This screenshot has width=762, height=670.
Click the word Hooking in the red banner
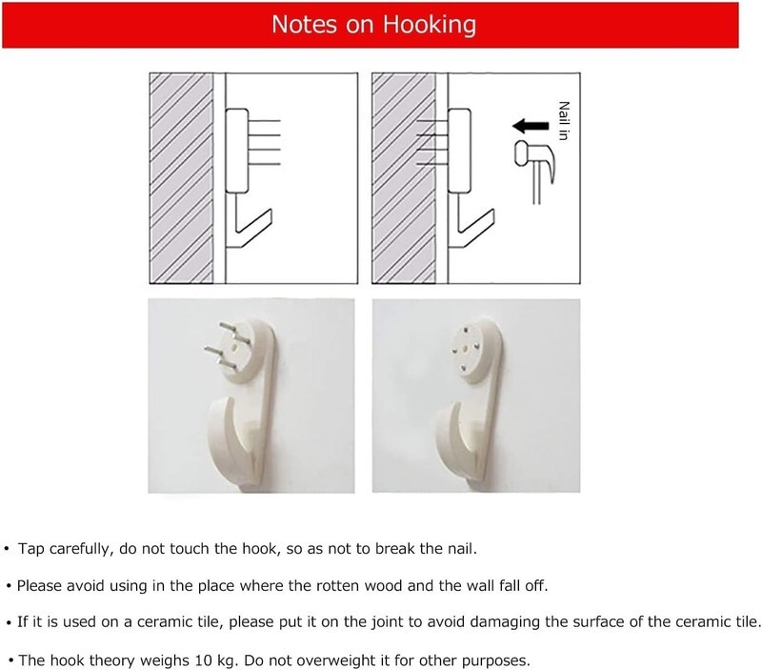tap(430, 25)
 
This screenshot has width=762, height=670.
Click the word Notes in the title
tap(304, 24)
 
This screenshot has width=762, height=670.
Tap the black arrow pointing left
tap(531, 126)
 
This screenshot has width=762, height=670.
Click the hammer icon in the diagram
tap(534, 171)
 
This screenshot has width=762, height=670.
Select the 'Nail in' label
tap(564, 121)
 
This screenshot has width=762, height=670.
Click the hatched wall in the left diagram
tap(181, 178)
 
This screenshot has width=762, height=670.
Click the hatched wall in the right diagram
tap(404, 178)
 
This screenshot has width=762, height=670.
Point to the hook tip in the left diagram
tap(270, 212)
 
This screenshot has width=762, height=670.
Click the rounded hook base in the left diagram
tap(237, 151)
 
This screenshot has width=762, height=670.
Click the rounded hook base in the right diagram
tap(459, 151)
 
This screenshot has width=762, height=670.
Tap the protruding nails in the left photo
tap(226, 345)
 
